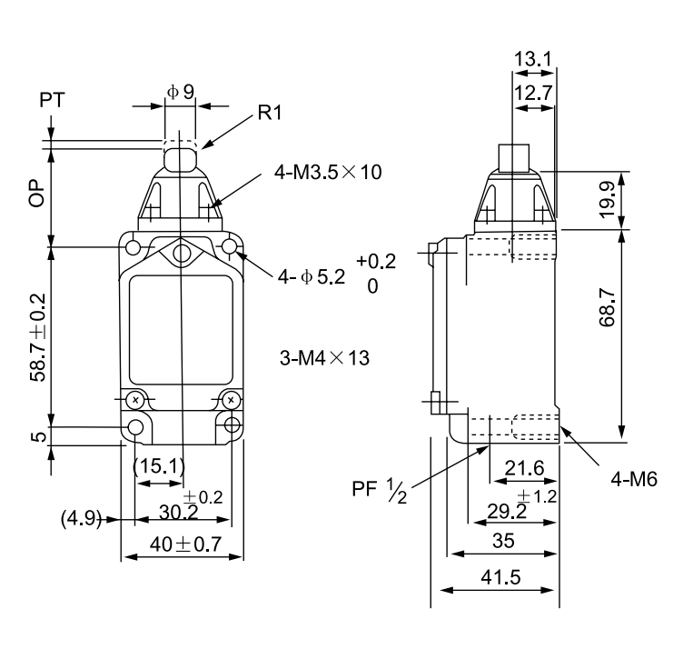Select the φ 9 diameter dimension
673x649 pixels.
tap(179, 91)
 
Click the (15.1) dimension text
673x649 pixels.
tap(159, 466)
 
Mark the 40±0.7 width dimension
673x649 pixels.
tap(183, 545)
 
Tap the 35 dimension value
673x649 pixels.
tap(501, 542)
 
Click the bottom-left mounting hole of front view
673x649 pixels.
tap(136, 428)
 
